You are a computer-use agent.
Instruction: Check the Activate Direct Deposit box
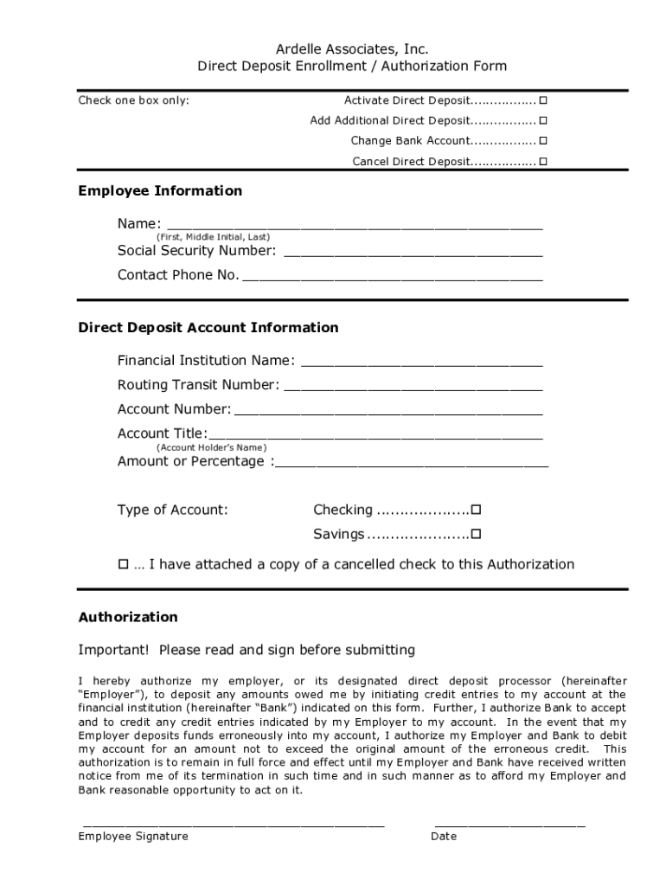point(543,100)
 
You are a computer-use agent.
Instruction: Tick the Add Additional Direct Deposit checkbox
point(543,120)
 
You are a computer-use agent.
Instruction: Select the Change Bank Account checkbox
point(543,140)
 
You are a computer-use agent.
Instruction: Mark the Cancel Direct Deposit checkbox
point(543,161)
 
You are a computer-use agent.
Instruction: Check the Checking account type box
point(476,510)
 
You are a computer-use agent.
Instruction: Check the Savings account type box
point(476,534)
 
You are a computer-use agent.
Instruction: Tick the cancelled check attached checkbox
point(123,564)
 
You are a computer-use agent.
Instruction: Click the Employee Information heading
point(160,190)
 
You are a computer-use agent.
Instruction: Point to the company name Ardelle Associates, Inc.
point(351,48)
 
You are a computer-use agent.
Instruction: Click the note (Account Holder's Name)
point(211,447)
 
